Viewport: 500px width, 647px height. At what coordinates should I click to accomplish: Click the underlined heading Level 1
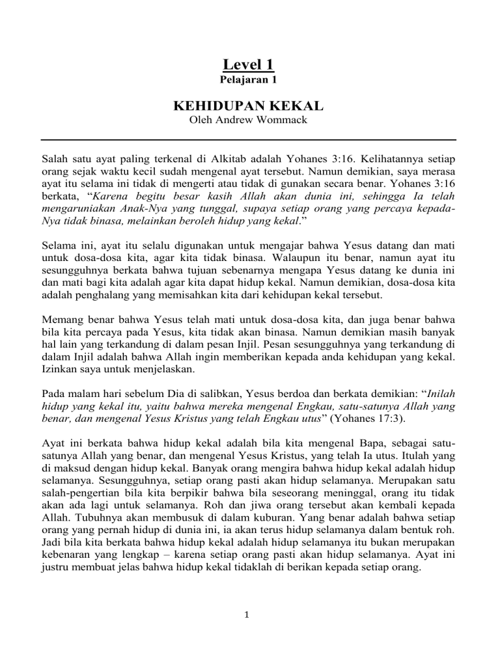(248, 64)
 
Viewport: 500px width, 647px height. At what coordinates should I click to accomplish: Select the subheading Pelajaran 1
(248, 81)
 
